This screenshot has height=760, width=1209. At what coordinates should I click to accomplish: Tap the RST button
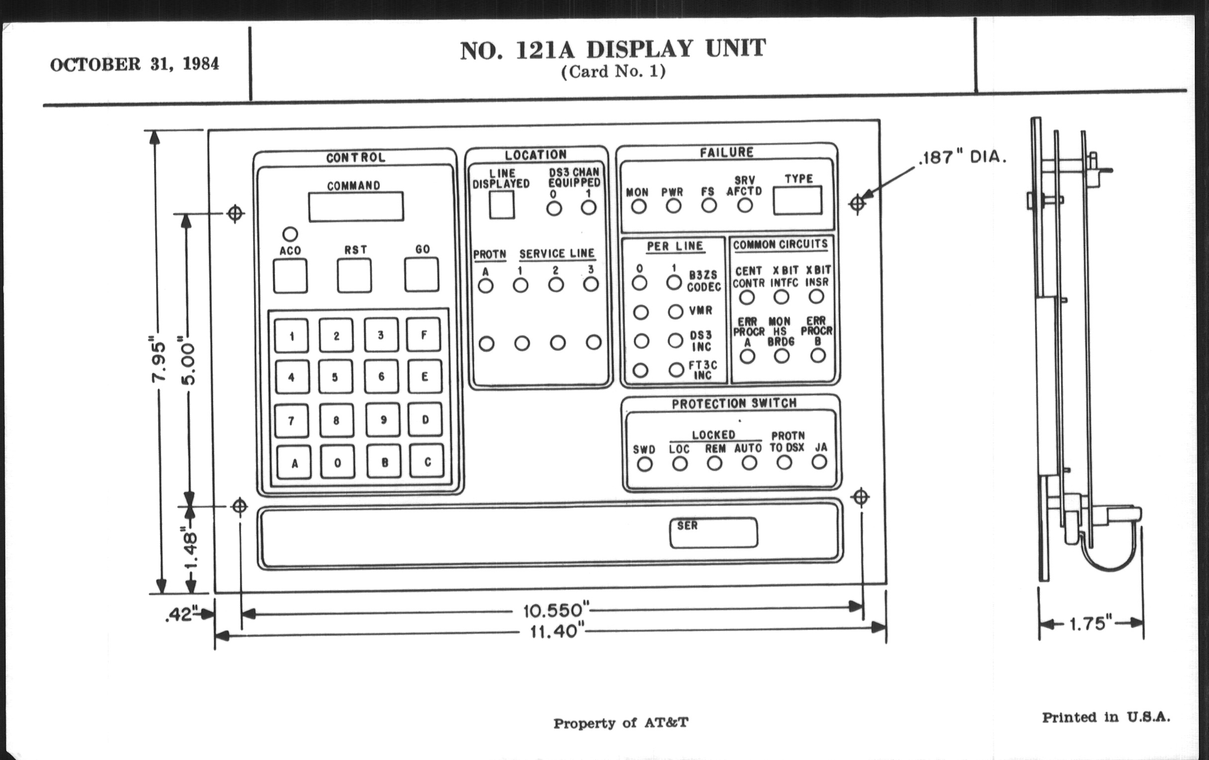click(x=354, y=275)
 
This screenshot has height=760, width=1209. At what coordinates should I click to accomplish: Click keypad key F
click(x=424, y=335)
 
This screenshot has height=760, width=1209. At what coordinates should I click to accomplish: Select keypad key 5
click(x=336, y=377)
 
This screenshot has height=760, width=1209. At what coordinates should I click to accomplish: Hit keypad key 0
click(x=338, y=462)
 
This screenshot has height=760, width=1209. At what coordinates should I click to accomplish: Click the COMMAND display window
click(x=355, y=207)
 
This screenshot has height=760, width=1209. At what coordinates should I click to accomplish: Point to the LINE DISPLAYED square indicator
click(x=502, y=205)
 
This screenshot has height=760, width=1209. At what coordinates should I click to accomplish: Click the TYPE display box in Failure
click(x=797, y=201)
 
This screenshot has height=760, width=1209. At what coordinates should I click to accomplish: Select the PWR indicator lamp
click(x=673, y=206)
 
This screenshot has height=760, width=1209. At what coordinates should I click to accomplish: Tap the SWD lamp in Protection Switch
click(x=645, y=464)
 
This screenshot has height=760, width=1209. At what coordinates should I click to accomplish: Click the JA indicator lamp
click(x=819, y=462)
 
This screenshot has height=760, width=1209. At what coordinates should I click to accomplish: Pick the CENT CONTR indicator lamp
click(x=747, y=298)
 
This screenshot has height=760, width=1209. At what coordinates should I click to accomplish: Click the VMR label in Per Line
click(x=700, y=310)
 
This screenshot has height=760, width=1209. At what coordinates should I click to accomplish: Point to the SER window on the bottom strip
click(x=713, y=533)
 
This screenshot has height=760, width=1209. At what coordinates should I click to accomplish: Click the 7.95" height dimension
click(x=158, y=361)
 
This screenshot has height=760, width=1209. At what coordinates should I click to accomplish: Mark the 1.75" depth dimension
click(x=1091, y=623)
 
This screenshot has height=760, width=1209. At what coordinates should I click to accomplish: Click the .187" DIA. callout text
click(x=962, y=157)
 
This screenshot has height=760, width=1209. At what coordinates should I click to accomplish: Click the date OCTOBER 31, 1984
click(x=135, y=64)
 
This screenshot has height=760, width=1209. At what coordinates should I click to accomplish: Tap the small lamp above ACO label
click(x=290, y=234)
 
